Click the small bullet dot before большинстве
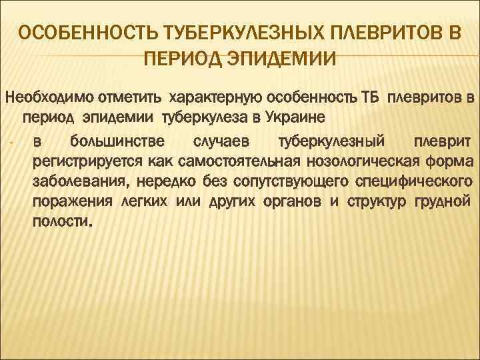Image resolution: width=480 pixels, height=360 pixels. tap(13, 142)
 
